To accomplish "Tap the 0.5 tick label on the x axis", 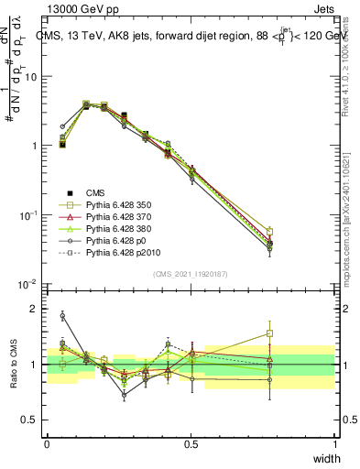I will pyautogui.click(x=191, y=444).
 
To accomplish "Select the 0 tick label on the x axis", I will pyautogui.click(x=48, y=444).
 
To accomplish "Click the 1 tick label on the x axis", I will pyautogui.click(x=335, y=444).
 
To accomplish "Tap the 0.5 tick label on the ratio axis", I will pyautogui.click(x=30, y=420).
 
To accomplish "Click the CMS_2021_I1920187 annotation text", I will pyautogui.click(x=191, y=274).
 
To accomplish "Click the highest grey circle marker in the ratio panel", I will pyautogui.click(x=62, y=315).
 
